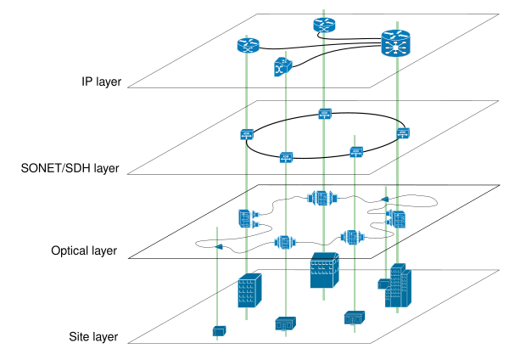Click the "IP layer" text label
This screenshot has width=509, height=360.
point(101,82)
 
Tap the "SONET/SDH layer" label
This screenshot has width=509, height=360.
point(70,168)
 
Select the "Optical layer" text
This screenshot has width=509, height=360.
point(84,250)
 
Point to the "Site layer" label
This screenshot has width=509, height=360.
point(93,337)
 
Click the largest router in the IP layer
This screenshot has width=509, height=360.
point(395,43)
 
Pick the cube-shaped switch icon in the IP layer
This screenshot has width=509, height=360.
point(283,67)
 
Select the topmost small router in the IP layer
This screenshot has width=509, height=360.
point(324,25)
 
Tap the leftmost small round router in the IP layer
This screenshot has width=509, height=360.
point(249,45)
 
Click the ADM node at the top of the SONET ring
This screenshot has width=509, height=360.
point(325,114)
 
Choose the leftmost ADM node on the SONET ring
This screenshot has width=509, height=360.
point(247,134)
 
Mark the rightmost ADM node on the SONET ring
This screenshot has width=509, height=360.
point(403,133)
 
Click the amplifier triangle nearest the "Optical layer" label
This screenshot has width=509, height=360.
point(219,247)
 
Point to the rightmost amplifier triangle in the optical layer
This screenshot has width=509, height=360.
point(384,200)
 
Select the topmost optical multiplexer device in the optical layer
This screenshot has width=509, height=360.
point(322,198)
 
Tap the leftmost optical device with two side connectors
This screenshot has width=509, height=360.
point(249,219)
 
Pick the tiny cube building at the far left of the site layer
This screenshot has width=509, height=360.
point(219,331)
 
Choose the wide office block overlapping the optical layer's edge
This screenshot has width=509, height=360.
point(325,270)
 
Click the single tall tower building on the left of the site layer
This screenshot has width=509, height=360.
point(249,290)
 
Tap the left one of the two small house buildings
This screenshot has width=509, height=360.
point(285,323)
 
